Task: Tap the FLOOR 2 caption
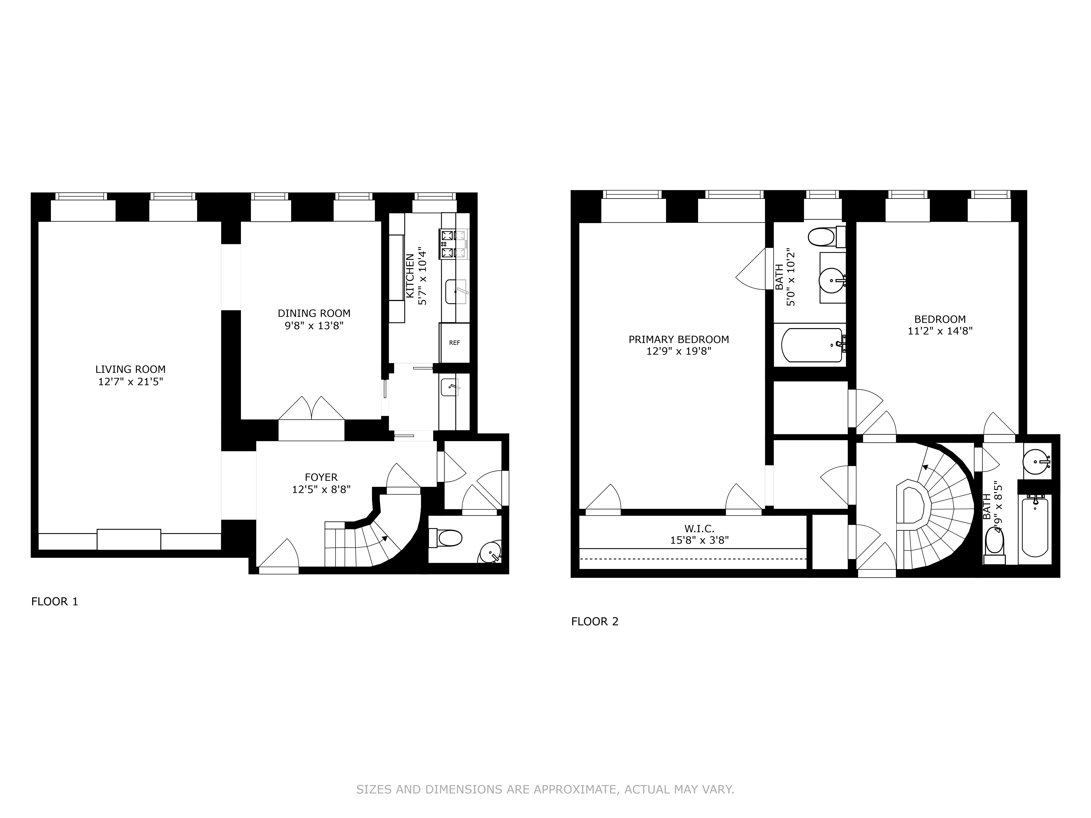[x=594, y=621]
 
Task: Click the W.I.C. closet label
[x=699, y=529]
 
